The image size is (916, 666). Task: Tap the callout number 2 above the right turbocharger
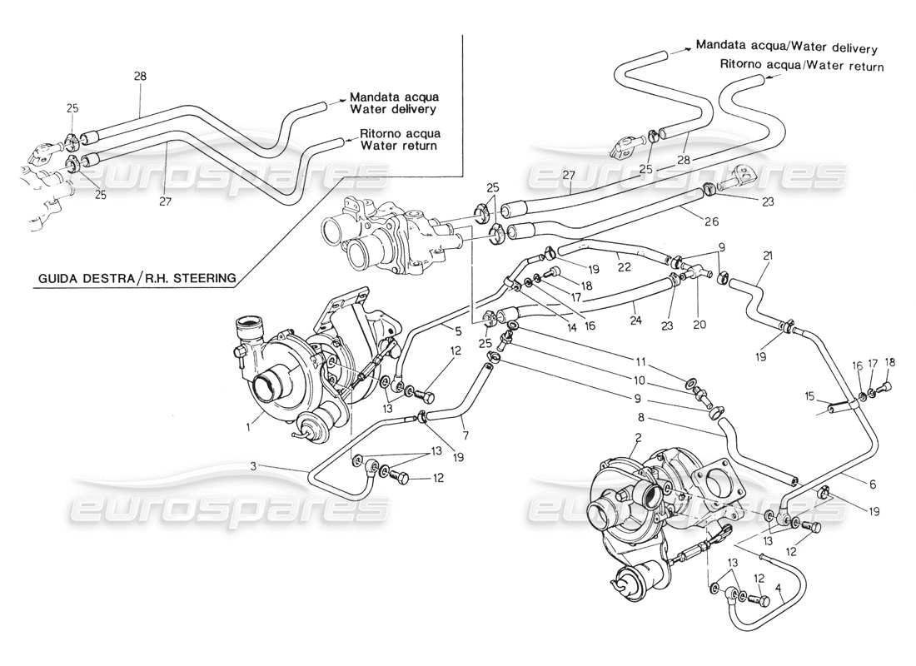coord(638,437)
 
